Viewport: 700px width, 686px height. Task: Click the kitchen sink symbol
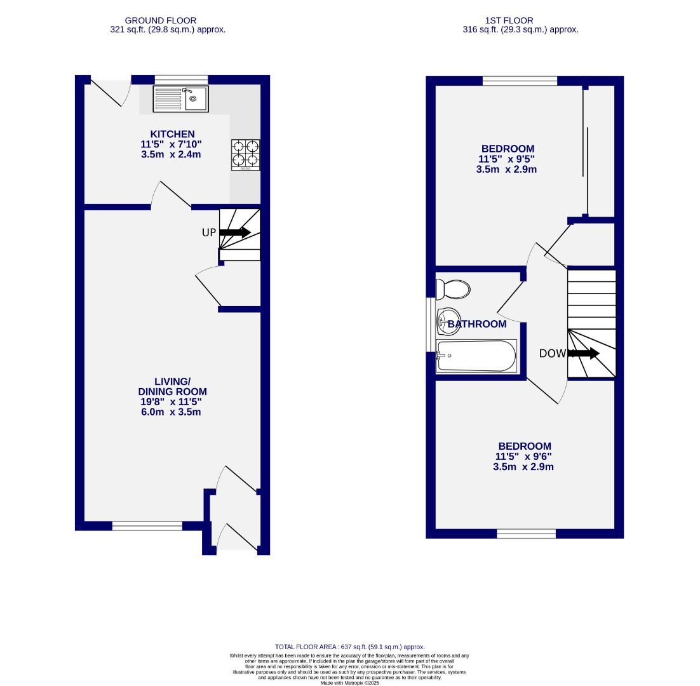180,99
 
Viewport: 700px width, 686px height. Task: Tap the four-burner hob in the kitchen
246,154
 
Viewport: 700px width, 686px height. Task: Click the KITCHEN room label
172,134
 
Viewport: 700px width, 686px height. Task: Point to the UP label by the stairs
209,232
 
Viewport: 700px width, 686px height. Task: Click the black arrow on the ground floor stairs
235,232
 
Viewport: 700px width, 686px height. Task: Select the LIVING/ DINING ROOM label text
172,386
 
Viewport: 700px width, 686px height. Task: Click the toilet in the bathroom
453,290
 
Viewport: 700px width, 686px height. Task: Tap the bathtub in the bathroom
476,356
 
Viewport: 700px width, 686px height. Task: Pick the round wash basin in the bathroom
448,318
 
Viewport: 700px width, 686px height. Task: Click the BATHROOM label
477,324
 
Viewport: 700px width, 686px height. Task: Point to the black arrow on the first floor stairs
584,353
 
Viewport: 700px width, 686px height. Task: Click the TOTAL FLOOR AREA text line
350,647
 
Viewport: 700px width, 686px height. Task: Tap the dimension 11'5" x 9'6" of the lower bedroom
524,456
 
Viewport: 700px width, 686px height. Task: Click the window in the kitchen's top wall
181,79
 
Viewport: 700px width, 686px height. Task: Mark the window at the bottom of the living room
147,526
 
